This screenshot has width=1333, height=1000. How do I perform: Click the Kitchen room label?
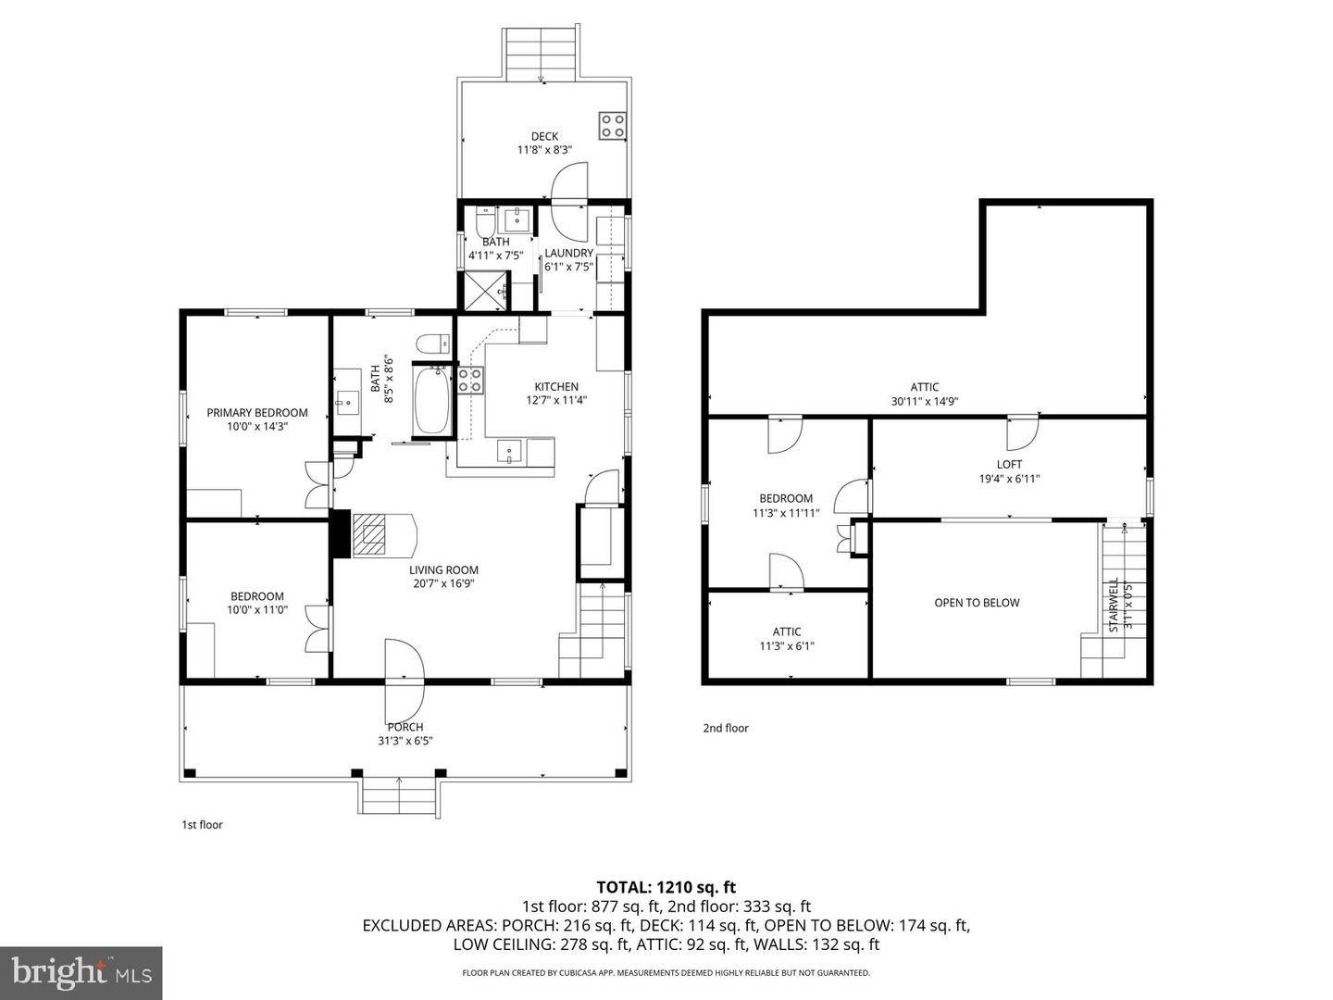pyautogui.click(x=556, y=387)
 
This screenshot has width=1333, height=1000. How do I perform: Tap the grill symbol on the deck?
pyautogui.click(x=612, y=125)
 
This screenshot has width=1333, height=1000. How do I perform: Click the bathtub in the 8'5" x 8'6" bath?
pyautogui.click(x=431, y=401)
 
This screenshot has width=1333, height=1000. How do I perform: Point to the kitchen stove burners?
pyautogui.click(x=470, y=379)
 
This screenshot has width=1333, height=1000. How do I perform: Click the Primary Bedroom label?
pyautogui.click(x=257, y=413)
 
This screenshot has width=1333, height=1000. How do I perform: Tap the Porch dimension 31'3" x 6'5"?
pyautogui.click(x=405, y=741)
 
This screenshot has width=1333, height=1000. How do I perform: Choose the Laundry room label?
pyautogui.click(x=568, y=254)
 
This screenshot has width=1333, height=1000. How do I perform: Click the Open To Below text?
pyautogui.click(x=977, y=603)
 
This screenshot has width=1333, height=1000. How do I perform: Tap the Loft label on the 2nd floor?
pyautogui.click(x=1009, y=465)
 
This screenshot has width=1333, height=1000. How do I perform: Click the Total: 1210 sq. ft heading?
pyautogui.click(x=666, y=887)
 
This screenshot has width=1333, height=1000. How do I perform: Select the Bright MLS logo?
pyautogui.click(x=81, y=972)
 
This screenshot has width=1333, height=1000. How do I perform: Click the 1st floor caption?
pyautogui.click(x=202, y=824)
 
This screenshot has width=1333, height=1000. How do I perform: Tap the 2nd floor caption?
pyautogui.click(x=726, y=728)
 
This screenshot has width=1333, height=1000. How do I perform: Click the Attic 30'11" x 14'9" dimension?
pyautogui.click(x=924, y=402)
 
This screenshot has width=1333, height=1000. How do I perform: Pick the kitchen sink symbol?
pyautogui.click(x=510, y=451)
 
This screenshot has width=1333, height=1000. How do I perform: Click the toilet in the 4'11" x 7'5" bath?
pyautogui.click(x=485, y=222)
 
